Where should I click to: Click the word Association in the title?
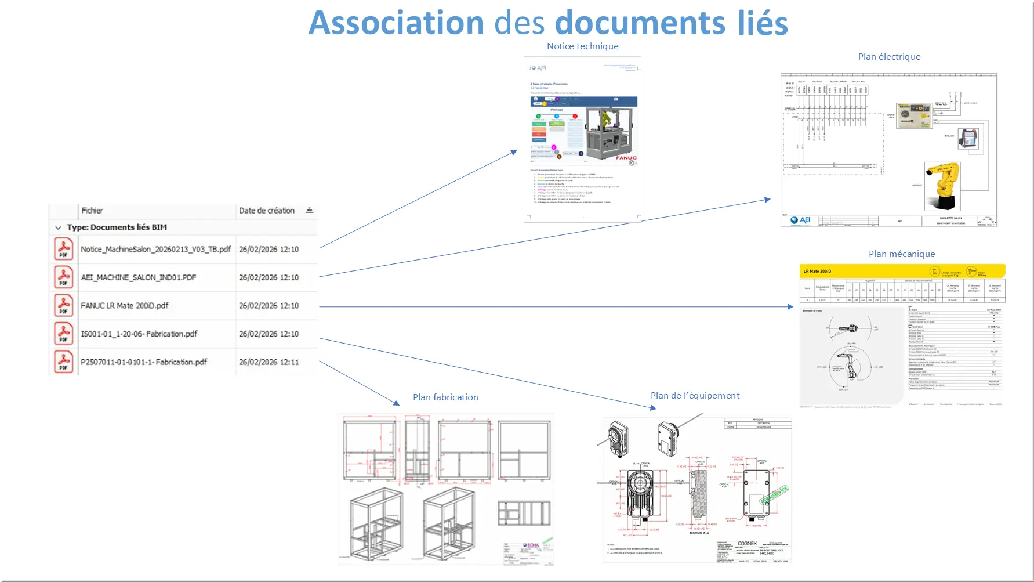point(396,23)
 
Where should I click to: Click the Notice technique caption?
point(582,46)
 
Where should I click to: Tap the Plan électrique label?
point(889,57)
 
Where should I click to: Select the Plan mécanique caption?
point(901,254)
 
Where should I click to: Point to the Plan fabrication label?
point(445,397)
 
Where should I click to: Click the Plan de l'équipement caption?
point(695,396)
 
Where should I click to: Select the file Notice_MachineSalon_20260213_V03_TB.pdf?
point(155,250)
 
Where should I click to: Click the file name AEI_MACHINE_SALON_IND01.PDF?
point(139,278)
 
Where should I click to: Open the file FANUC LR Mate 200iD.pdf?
point(125,306)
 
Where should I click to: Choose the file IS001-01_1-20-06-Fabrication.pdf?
point(139,334)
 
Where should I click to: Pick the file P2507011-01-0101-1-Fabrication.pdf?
point(144,362)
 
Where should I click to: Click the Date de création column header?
point(267,211)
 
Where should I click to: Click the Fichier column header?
point(92,211)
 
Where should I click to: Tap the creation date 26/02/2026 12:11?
point(269,362)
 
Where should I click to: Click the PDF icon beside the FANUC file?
point(63,306)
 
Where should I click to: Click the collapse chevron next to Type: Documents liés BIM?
point(58,228)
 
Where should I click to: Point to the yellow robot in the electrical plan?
point(942,186)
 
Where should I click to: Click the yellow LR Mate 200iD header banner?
point(902,271)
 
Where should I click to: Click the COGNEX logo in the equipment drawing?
point(747,544)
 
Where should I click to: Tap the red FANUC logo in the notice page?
point(626,158)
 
